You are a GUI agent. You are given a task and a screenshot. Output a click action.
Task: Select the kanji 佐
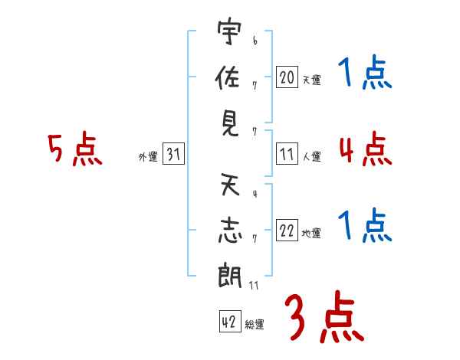point(228,77)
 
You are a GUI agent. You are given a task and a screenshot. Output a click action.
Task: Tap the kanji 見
point(230,124)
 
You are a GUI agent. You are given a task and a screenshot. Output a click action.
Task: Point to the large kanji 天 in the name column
point(230,184)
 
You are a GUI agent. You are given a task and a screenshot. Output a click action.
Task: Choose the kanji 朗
point(230,275)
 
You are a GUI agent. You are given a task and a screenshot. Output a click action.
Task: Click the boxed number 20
point(287,77)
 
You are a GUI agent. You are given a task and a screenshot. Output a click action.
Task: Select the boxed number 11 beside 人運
point(287,154)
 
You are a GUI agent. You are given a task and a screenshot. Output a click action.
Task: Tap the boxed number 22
point(287,231)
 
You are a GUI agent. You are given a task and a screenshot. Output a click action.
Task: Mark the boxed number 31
point(173,154)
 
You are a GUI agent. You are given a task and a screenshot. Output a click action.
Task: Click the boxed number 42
point(230,321)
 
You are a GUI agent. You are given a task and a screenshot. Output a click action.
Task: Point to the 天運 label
point(312,80)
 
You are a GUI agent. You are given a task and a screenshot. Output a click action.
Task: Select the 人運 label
point(312,156)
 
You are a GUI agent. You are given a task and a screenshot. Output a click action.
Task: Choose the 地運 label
point(311,234)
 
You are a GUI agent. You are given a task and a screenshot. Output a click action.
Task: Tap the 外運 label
point(148,157)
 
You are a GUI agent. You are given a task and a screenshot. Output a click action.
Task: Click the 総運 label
point(255,324)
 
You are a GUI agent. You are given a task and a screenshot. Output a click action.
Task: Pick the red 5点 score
point(75,149)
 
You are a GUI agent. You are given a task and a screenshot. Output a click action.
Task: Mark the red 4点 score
point(366,149)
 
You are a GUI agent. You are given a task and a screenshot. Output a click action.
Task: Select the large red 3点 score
point(324,316)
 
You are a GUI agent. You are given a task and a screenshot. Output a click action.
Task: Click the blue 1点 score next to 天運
point(365,72)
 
